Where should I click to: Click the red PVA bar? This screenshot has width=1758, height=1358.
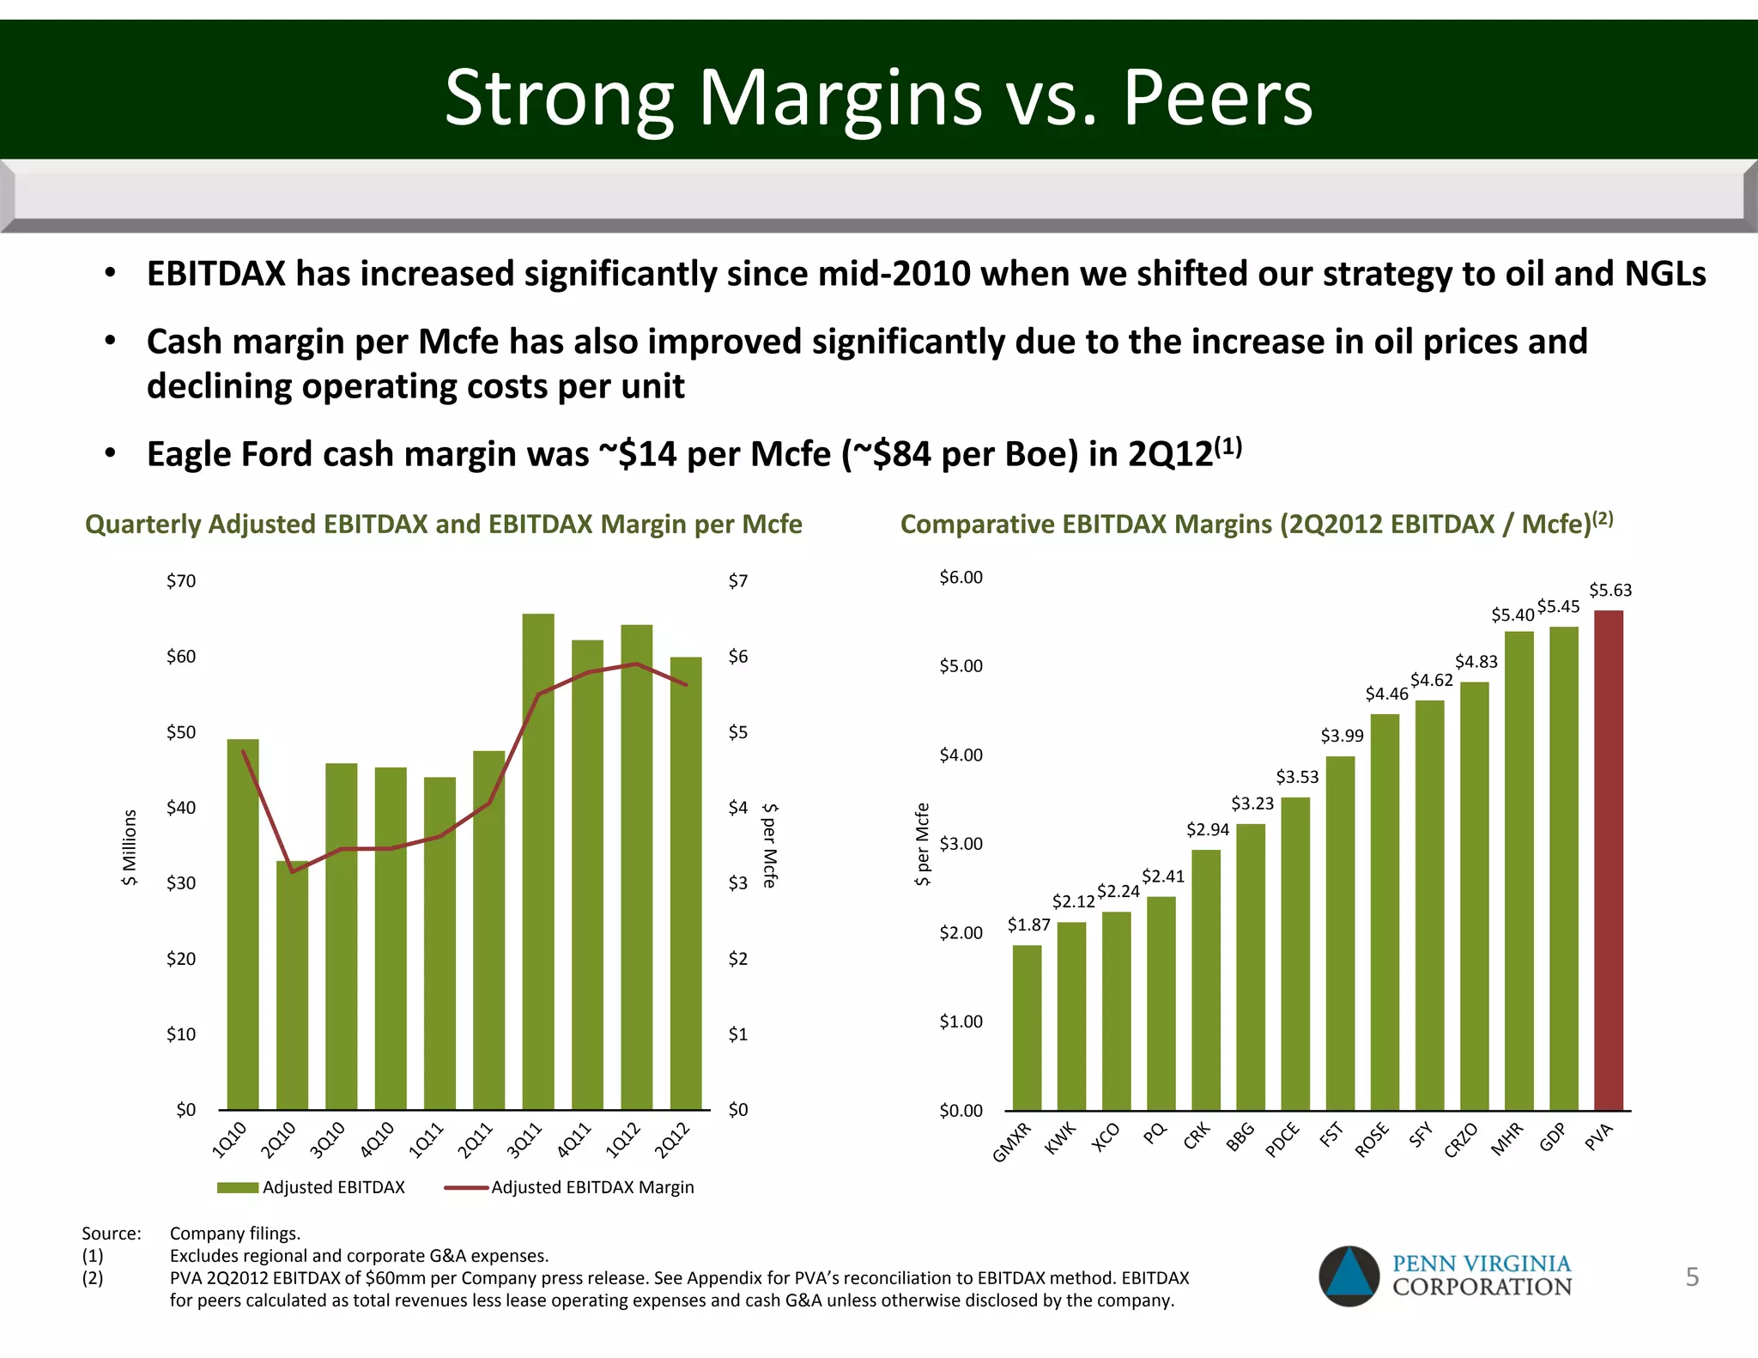[x=1608, y=858]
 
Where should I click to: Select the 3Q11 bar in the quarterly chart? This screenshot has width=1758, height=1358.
[x=538, y=858]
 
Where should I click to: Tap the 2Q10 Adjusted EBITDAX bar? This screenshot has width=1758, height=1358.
[x=292, y=987]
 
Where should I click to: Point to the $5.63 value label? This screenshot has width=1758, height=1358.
[x=1609, y=590]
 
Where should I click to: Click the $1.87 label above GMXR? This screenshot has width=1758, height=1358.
[x=1028, y=925]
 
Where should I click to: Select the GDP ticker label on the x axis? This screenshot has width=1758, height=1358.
[x=1553, y=1137]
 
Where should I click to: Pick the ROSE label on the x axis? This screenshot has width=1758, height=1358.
[x=1372, y=1141]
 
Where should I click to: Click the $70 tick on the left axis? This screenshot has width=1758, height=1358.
[x=181, y=581]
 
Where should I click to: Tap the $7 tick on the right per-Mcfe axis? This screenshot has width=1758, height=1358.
[x=737, y=581]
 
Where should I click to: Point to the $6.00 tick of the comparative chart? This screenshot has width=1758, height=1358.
[x=961, y=577]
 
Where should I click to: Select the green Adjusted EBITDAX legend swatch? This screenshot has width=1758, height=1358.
[x=238, y=1187]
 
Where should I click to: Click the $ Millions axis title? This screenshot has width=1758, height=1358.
[x=130, y=847]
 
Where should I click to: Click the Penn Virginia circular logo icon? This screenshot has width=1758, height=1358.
[x=1349, y=1276]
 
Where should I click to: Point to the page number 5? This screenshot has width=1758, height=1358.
[x=1692, y=1277]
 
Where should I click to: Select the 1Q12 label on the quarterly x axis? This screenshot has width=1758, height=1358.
[x=623, y=1140]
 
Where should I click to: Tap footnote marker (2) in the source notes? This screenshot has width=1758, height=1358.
[x=92, y=1278]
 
